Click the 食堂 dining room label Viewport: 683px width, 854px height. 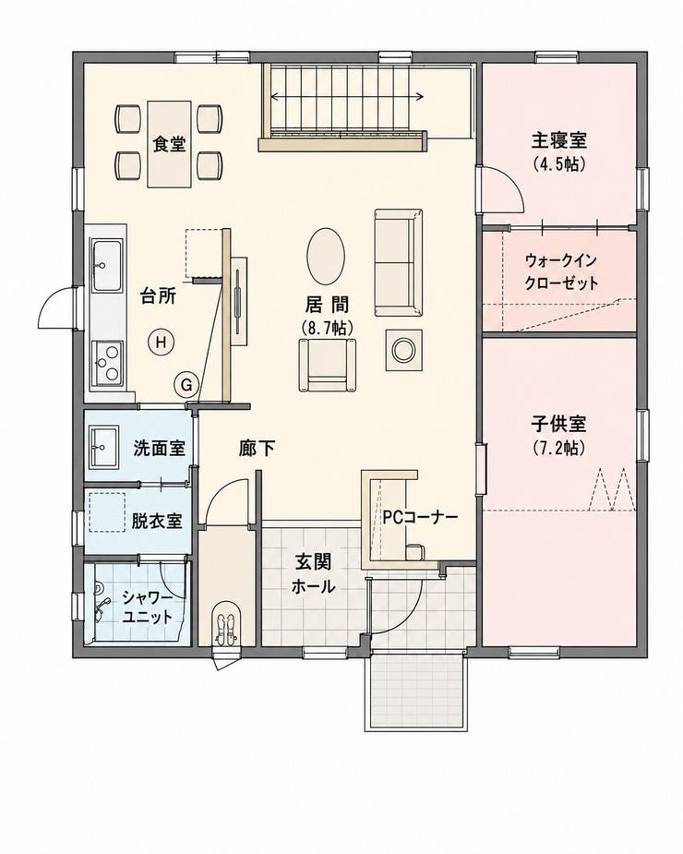point(170,144)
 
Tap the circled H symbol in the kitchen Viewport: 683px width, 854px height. point(161,343)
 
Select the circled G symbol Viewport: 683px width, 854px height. point(186,385)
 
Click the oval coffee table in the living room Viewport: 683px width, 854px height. point(325,256)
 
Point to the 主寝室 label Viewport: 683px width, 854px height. point(559,140)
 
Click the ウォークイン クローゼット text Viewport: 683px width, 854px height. point(561,271)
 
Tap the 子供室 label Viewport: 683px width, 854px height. point(559,424)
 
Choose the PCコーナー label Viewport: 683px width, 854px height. point(419,517)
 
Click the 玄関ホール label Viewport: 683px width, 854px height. point(313,573)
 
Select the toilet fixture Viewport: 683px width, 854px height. point(224,623)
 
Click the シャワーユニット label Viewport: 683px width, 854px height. point(148,607)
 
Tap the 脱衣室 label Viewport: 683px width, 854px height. point(157,522)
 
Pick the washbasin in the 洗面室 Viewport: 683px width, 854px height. point(103,447)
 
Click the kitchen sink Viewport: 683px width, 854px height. point(106,266)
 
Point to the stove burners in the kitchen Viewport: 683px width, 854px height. point(107,363)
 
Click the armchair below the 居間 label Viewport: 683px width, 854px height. point(328,365)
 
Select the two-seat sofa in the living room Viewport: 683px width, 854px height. point(398,262)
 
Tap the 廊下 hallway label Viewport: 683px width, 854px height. point(257,449)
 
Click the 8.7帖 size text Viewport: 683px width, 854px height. point(327,327)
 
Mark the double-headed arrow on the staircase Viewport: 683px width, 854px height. point(347,97)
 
